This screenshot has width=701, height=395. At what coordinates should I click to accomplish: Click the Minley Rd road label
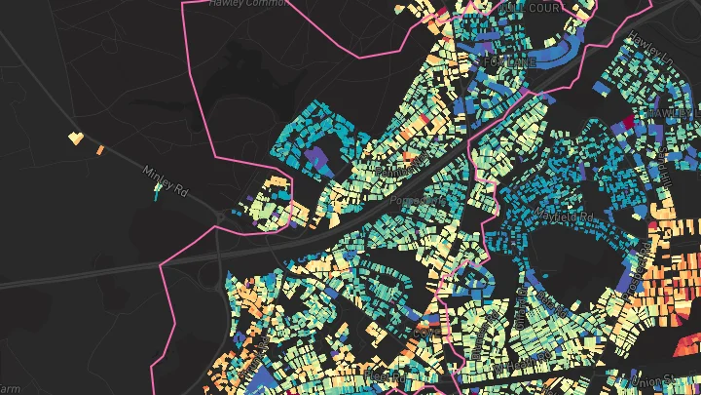(165, 179)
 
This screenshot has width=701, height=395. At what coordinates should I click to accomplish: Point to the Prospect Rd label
(417, 201)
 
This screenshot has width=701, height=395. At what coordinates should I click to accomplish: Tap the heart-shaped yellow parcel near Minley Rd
(75, 138)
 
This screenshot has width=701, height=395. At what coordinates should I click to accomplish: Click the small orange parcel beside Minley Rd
(99, 149)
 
